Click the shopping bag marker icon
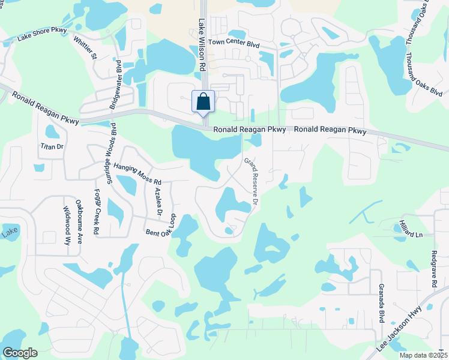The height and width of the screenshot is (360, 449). click(203, 101)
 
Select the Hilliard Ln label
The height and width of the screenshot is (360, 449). click(411, 228)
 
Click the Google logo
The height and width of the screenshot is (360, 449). click(20, 353)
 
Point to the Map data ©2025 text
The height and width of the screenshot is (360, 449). click(423, 355)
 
